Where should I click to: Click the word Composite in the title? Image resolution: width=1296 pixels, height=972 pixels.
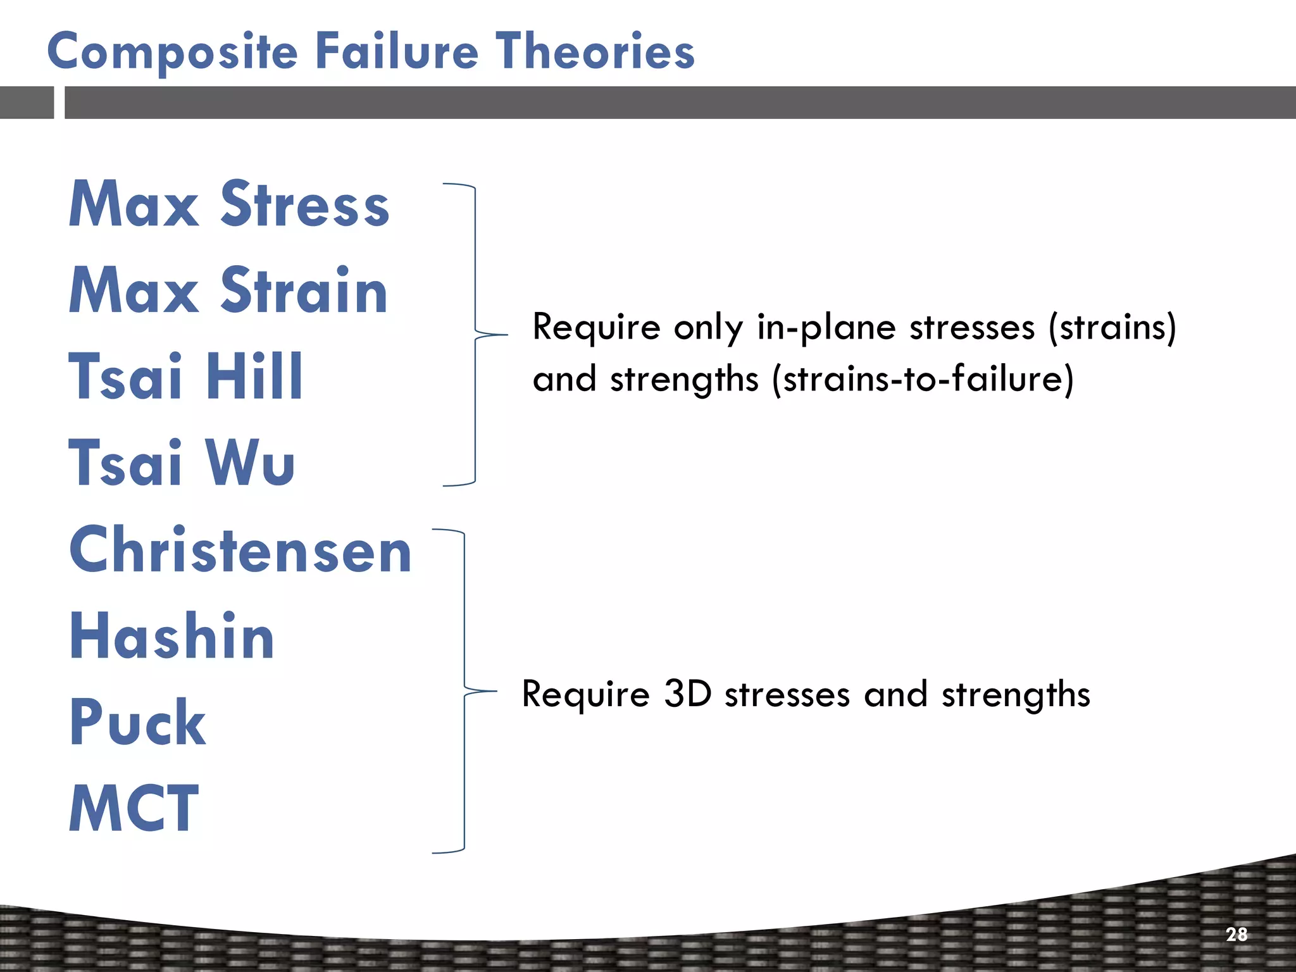point(172,52)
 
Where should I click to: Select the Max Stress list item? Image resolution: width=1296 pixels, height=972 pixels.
point(229,204)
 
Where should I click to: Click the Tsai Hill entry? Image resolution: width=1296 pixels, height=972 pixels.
point(185,377)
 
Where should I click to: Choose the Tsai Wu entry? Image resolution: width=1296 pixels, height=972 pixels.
point(182,463)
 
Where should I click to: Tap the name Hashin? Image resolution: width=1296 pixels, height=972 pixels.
point(171,636)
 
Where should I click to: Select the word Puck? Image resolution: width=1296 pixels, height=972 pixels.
point(137,722)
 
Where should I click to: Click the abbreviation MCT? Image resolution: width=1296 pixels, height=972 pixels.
point(134,808)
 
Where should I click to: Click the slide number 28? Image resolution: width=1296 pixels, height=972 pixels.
point(1237,934)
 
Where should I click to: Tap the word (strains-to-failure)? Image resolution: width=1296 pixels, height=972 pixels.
point(923,380)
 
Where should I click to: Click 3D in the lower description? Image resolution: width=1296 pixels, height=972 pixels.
point(688,694)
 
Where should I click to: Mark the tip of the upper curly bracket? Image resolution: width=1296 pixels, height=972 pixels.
point(506,334)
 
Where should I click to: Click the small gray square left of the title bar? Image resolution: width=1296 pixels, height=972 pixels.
point(27,103)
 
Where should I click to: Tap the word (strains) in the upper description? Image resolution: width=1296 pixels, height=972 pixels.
point(1112,328)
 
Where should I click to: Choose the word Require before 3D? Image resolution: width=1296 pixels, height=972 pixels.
point(585,694)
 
